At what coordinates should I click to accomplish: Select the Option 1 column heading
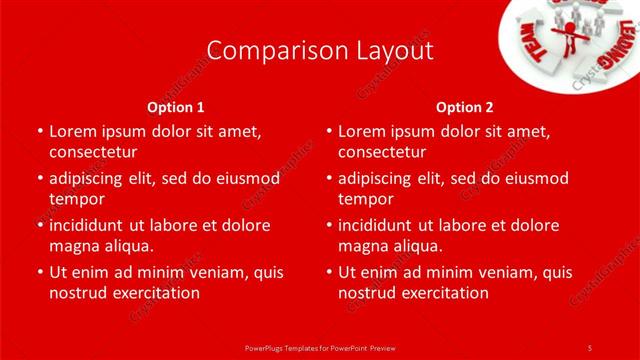point(176,106)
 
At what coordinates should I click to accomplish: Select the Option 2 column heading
point(465,106)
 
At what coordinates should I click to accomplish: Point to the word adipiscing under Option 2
point(378,178)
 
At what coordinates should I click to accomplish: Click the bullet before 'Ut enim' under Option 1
point(40,272)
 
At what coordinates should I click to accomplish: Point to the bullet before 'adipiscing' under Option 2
point(329,178)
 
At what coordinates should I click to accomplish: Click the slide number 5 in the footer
point(590,347)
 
